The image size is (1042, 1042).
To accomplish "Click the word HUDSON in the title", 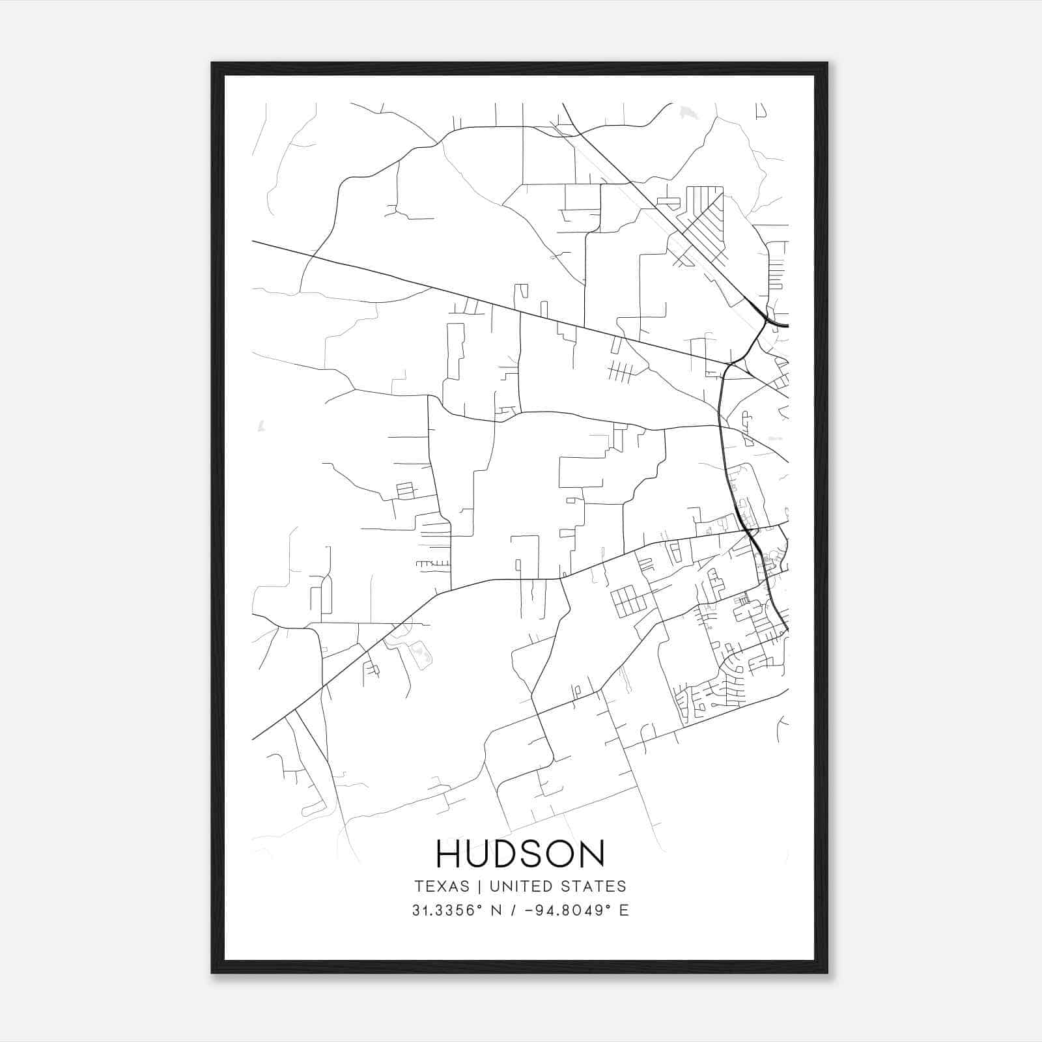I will tap(520, 853).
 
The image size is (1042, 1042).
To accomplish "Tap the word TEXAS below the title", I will tap(442, 886).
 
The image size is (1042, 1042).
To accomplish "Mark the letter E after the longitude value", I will tap(625, 910).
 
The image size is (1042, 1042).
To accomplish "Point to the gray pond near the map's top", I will tap(687, 113).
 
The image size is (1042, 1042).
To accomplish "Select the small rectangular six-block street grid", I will tap(627, 600).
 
